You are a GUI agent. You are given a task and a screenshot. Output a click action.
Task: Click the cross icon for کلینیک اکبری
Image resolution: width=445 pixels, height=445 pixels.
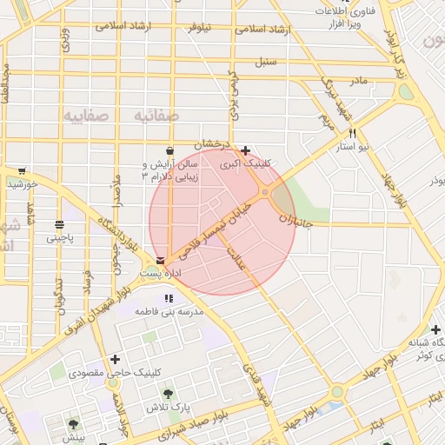click(x=246, y=150)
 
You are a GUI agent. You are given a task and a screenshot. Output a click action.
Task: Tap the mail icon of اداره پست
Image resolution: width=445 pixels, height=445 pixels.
click(x=160, y=260)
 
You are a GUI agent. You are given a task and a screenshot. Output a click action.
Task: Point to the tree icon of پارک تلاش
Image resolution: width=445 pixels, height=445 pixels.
click(x=168, y=394)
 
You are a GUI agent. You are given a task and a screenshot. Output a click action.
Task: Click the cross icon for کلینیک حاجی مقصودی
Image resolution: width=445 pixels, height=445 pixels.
click(x=115, y=359)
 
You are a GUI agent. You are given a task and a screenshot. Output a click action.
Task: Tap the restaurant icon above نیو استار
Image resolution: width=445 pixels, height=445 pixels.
click(x=352, y=134)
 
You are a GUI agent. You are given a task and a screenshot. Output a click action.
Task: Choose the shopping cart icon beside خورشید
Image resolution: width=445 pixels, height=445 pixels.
click(x=21, y=171)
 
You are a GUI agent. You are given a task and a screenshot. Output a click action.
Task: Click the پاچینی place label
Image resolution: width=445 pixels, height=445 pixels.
click(x=60, y=236)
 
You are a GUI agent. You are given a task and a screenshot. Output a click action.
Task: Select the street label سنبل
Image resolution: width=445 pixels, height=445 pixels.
click(x=265, y=63)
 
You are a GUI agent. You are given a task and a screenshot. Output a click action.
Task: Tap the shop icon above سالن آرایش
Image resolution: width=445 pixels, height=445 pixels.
click(x=168, y=149)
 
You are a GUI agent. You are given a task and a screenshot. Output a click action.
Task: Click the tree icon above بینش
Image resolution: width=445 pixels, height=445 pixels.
click(x=72, y=425)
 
